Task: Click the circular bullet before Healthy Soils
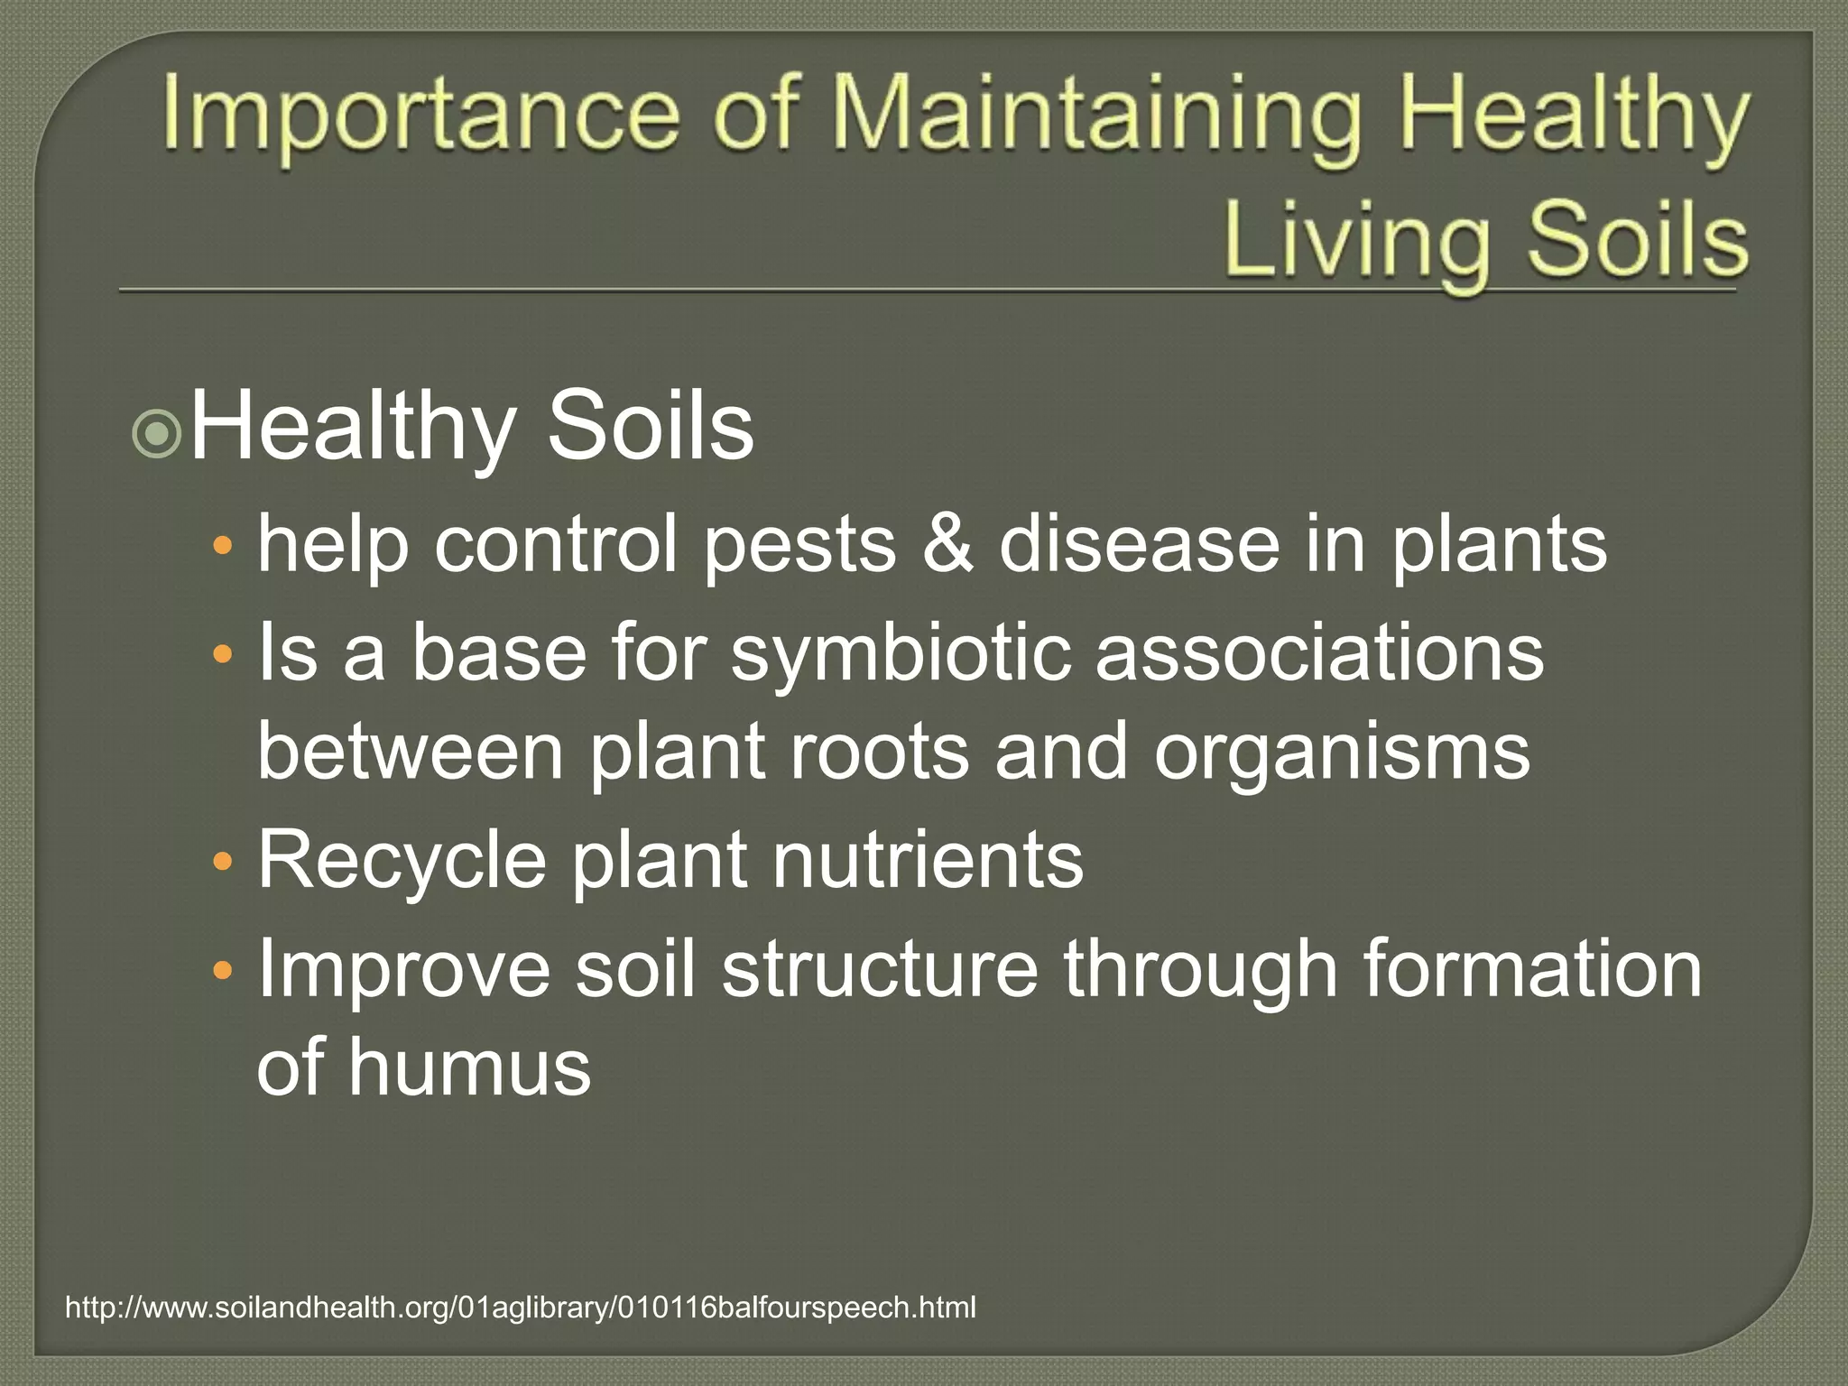(x=157, y=435)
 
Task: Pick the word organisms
(x=1342, y=753)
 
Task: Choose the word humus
(x=469, y=1067)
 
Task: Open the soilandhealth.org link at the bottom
(x=521, y=1307)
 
